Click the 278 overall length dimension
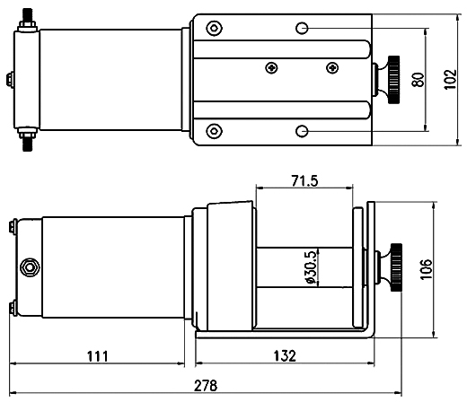pyautogui.click(x=206, y=386)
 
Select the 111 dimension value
pyautogui.click(x=98, y=356)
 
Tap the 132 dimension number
pyautogui.click(x=285, y=356)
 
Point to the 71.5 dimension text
pyautogui.click(x=304, y=181)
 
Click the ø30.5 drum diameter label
pyautogui.click(x=311, y=267)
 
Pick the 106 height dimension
pyautogui.click(x=427, y=269)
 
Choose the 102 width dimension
pyautogui.click(x=450, y=79)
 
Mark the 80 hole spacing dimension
pyautogui.click(x=419, y=80)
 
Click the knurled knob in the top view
pyautogui.click(x=393, y=80)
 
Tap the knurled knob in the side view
pyautogui.click(x=396, y=267)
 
